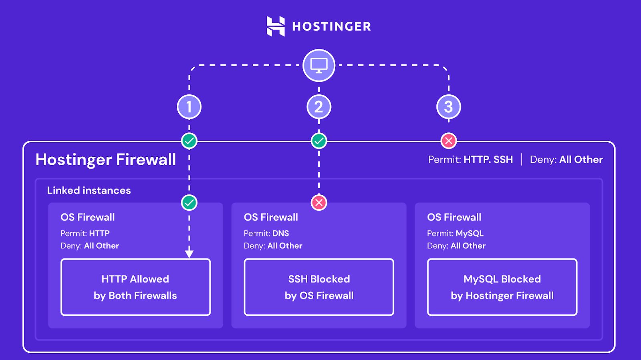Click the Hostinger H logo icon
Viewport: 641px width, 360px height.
(276, 26)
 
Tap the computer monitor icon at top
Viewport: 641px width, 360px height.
(319, 65)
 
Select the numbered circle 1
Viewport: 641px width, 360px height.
(189, 107)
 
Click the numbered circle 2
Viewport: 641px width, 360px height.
(319, 107)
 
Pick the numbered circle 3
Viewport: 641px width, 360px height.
(448, 107)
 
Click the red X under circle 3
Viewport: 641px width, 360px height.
(448, 141)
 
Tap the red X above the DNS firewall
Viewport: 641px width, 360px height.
(319, 202)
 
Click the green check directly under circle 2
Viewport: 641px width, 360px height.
(319, 141)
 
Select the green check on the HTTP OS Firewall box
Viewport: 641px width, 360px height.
(189, 202)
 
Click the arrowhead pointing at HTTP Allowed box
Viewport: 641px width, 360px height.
(189, 254)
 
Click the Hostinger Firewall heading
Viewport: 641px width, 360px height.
(106, 160)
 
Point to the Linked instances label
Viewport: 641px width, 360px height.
(89, 190)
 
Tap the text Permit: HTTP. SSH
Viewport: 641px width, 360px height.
(470, 160)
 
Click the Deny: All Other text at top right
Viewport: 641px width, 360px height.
(566, 160)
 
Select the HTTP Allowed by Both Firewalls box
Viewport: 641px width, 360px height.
(135, 287)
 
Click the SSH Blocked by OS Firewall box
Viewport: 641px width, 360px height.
(319, 287)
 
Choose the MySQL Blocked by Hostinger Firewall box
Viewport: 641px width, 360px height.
(502, 287)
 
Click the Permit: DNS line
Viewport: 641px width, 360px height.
(266, 233)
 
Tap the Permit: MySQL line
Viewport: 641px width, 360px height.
(455, 233)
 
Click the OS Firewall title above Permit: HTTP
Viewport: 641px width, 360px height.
(88, 217)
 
